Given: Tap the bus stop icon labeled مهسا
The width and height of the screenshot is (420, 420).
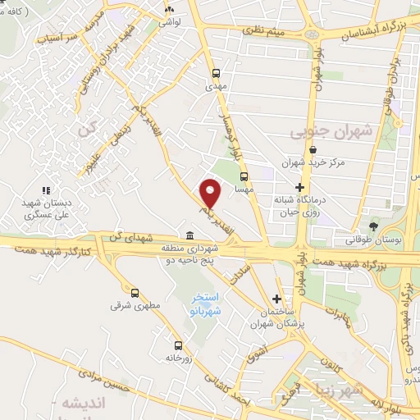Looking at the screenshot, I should click(244, 176).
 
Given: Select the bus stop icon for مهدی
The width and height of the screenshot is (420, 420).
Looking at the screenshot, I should click(216, 72).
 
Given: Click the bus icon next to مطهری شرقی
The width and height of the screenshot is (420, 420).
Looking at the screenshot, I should click(135, 292).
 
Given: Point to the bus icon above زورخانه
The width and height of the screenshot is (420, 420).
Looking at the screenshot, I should click(178, 345).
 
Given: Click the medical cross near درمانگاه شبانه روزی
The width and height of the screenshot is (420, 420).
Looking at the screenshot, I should click(299, 187).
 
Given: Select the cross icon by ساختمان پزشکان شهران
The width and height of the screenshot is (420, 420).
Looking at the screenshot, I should click(277, 299).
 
